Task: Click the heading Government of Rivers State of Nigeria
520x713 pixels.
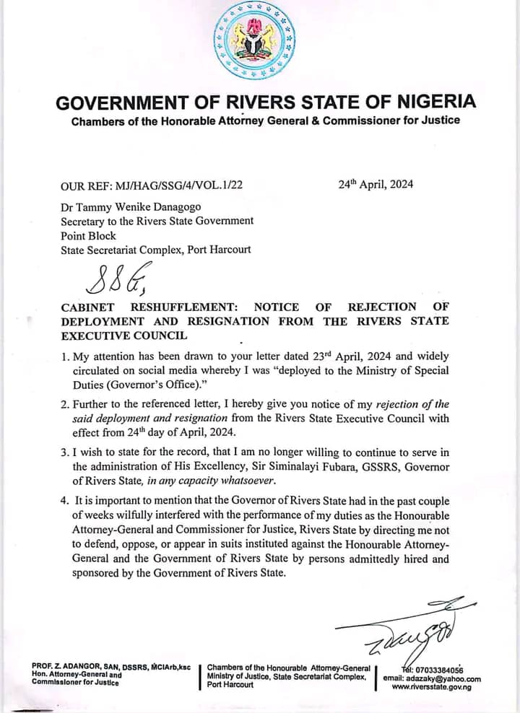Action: (x=265, y=101)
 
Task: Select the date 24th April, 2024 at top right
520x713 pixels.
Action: (x=376, y=184)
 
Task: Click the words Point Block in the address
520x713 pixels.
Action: (x=88, y=235)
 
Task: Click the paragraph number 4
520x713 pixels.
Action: (x=65, y=500)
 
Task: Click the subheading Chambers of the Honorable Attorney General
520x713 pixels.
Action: (x=265, y=121)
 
